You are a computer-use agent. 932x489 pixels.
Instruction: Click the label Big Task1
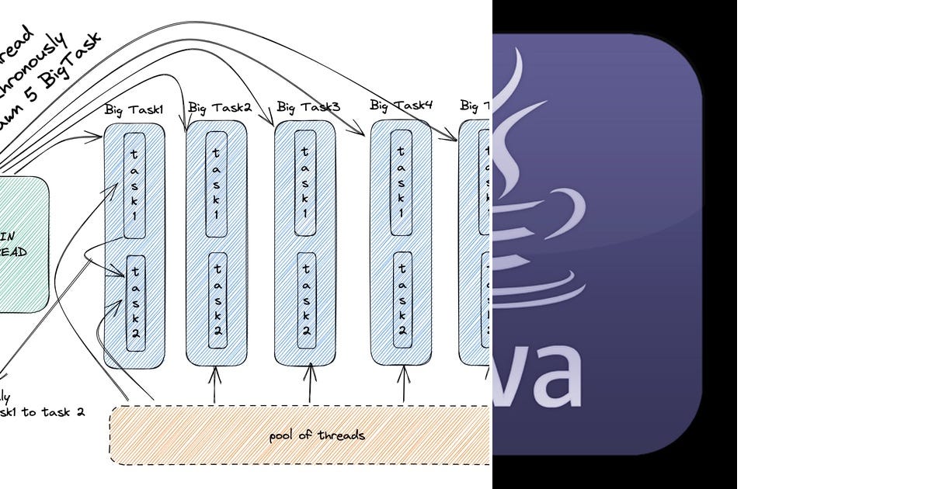click(134, 109)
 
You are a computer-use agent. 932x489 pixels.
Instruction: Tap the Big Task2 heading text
click(220, 107)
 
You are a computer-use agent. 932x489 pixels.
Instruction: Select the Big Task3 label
click(308, 106)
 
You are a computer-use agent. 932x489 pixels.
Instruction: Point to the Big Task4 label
click(401, 105)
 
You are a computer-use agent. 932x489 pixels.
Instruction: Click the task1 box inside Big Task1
click(135, 185)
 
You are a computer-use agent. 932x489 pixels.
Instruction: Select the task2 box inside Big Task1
click(135, 303)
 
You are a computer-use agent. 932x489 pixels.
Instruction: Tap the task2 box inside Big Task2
click(217, 299)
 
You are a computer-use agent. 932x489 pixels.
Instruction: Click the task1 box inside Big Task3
click(305, 182)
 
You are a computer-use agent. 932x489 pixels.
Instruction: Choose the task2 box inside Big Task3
click(306, 299)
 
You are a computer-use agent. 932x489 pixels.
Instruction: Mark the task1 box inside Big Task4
click(401, 182)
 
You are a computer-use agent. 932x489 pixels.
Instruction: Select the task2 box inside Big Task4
click(402, 299)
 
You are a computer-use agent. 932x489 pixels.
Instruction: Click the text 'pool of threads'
click(316, 435)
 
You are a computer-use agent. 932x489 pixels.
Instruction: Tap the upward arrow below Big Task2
click(215, 384)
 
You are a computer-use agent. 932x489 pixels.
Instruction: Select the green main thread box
click(19, 244)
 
